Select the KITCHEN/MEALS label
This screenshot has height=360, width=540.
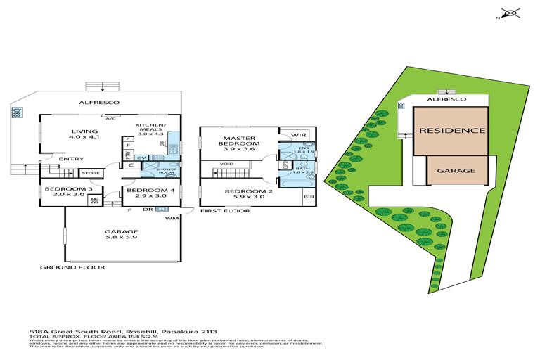(151, 128)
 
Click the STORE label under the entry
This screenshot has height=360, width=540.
(91, 172)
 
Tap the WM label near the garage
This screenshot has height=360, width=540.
(171, 219)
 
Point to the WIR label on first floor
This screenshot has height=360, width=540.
(297, 134)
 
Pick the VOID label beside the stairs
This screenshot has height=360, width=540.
(226, 165)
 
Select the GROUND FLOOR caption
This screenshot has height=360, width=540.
(72, 268)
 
